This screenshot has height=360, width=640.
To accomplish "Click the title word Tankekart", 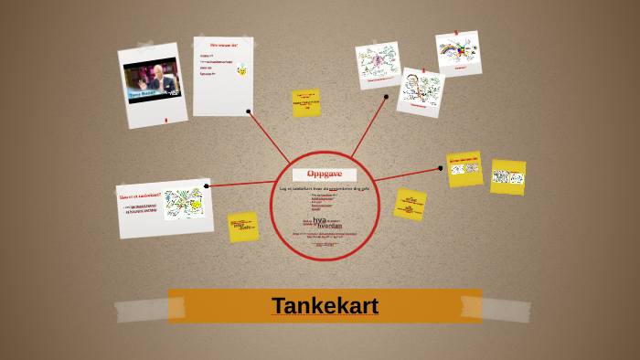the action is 325,306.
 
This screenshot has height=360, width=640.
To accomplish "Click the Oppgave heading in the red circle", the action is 325,174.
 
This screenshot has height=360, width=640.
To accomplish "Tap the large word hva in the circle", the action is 319,219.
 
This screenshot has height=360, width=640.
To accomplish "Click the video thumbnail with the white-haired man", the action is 153,82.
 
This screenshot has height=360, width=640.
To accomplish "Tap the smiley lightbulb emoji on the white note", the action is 242,69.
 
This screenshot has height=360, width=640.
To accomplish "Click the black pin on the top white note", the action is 249,111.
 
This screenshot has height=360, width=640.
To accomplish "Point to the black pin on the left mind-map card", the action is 207,186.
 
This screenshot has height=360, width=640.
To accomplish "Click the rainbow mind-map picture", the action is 457,52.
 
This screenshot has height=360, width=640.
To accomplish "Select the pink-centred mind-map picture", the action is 377,63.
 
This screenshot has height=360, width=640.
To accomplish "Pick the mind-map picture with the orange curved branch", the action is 420,90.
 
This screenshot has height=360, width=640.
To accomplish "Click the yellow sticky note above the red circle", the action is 305,103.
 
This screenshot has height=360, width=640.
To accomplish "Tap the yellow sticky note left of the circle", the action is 243,226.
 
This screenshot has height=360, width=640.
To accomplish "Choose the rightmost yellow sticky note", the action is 507,177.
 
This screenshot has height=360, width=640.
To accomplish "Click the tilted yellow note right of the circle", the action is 410,204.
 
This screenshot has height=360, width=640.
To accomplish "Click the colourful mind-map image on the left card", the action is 184,203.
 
